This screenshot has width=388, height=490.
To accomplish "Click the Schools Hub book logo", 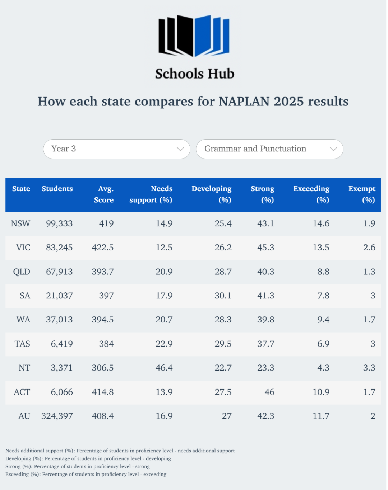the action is point(194,36).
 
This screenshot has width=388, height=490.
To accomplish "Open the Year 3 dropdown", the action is point(117,149).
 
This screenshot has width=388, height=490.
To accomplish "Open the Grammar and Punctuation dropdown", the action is point(269,149).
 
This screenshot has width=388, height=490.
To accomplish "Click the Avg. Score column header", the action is point(104,194).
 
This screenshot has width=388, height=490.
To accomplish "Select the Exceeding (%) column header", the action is point(311,194).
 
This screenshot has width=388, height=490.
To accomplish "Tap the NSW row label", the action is point(20,223).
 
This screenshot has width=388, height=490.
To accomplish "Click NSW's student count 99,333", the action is point(59,223).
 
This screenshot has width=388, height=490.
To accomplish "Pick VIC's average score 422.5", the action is point(103,248).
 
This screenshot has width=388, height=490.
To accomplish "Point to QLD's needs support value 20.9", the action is point(164,272).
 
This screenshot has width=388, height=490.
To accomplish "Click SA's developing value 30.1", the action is point(223,296).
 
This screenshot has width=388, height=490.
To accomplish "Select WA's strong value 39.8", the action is point(266,320).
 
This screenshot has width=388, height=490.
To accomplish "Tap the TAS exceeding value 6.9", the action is point(323,344).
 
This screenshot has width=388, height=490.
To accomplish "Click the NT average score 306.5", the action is point(103,368).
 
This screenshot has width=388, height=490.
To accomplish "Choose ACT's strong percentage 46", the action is point(269,392).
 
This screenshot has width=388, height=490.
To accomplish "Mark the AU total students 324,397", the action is point(57,416).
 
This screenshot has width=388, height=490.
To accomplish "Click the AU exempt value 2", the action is point(373,416).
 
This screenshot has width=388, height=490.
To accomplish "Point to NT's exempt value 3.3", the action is point(369,368).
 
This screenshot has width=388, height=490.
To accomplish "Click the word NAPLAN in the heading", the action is point(244,101).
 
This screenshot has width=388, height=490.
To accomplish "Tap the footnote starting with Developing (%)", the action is point(88,458).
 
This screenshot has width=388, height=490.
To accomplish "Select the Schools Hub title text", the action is point(195,74).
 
